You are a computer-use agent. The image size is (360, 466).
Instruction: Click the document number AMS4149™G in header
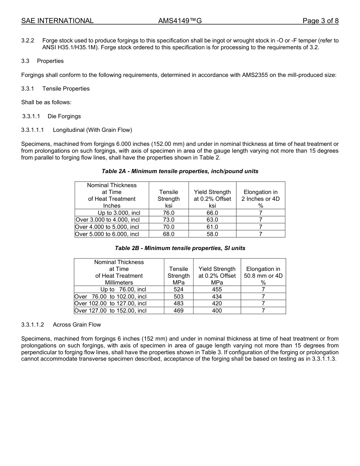(180, 21)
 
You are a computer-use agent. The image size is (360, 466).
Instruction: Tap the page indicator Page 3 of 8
(320, 21)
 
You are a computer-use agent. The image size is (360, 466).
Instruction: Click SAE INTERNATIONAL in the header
(57, 21)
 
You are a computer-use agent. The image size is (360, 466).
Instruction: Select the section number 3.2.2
(28, 41)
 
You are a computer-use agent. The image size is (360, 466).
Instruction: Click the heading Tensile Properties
(66, 89)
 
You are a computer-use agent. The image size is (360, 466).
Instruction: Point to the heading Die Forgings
(64, 116)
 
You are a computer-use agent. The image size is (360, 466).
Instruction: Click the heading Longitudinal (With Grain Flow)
(92, 130)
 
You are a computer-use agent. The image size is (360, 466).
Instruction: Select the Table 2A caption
(180, 171)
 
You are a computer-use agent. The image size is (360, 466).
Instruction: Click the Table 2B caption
(180, 248)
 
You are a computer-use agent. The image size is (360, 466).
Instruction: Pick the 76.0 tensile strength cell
(169, 213)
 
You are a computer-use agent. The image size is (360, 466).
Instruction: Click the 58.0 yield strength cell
(212, 234)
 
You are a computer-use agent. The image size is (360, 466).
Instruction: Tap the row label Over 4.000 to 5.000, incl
(107, 227)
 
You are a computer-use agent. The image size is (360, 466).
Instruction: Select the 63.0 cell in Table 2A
(212, 220)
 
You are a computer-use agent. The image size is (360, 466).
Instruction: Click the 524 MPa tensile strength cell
(178, 289)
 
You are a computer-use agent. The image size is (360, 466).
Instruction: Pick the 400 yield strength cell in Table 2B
(217, 311)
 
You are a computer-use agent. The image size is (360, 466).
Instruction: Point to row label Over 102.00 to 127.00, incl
(110, 303)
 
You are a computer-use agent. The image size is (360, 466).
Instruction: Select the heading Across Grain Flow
(77, 325)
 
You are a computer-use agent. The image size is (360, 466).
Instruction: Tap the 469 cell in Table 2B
(178, 311)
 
